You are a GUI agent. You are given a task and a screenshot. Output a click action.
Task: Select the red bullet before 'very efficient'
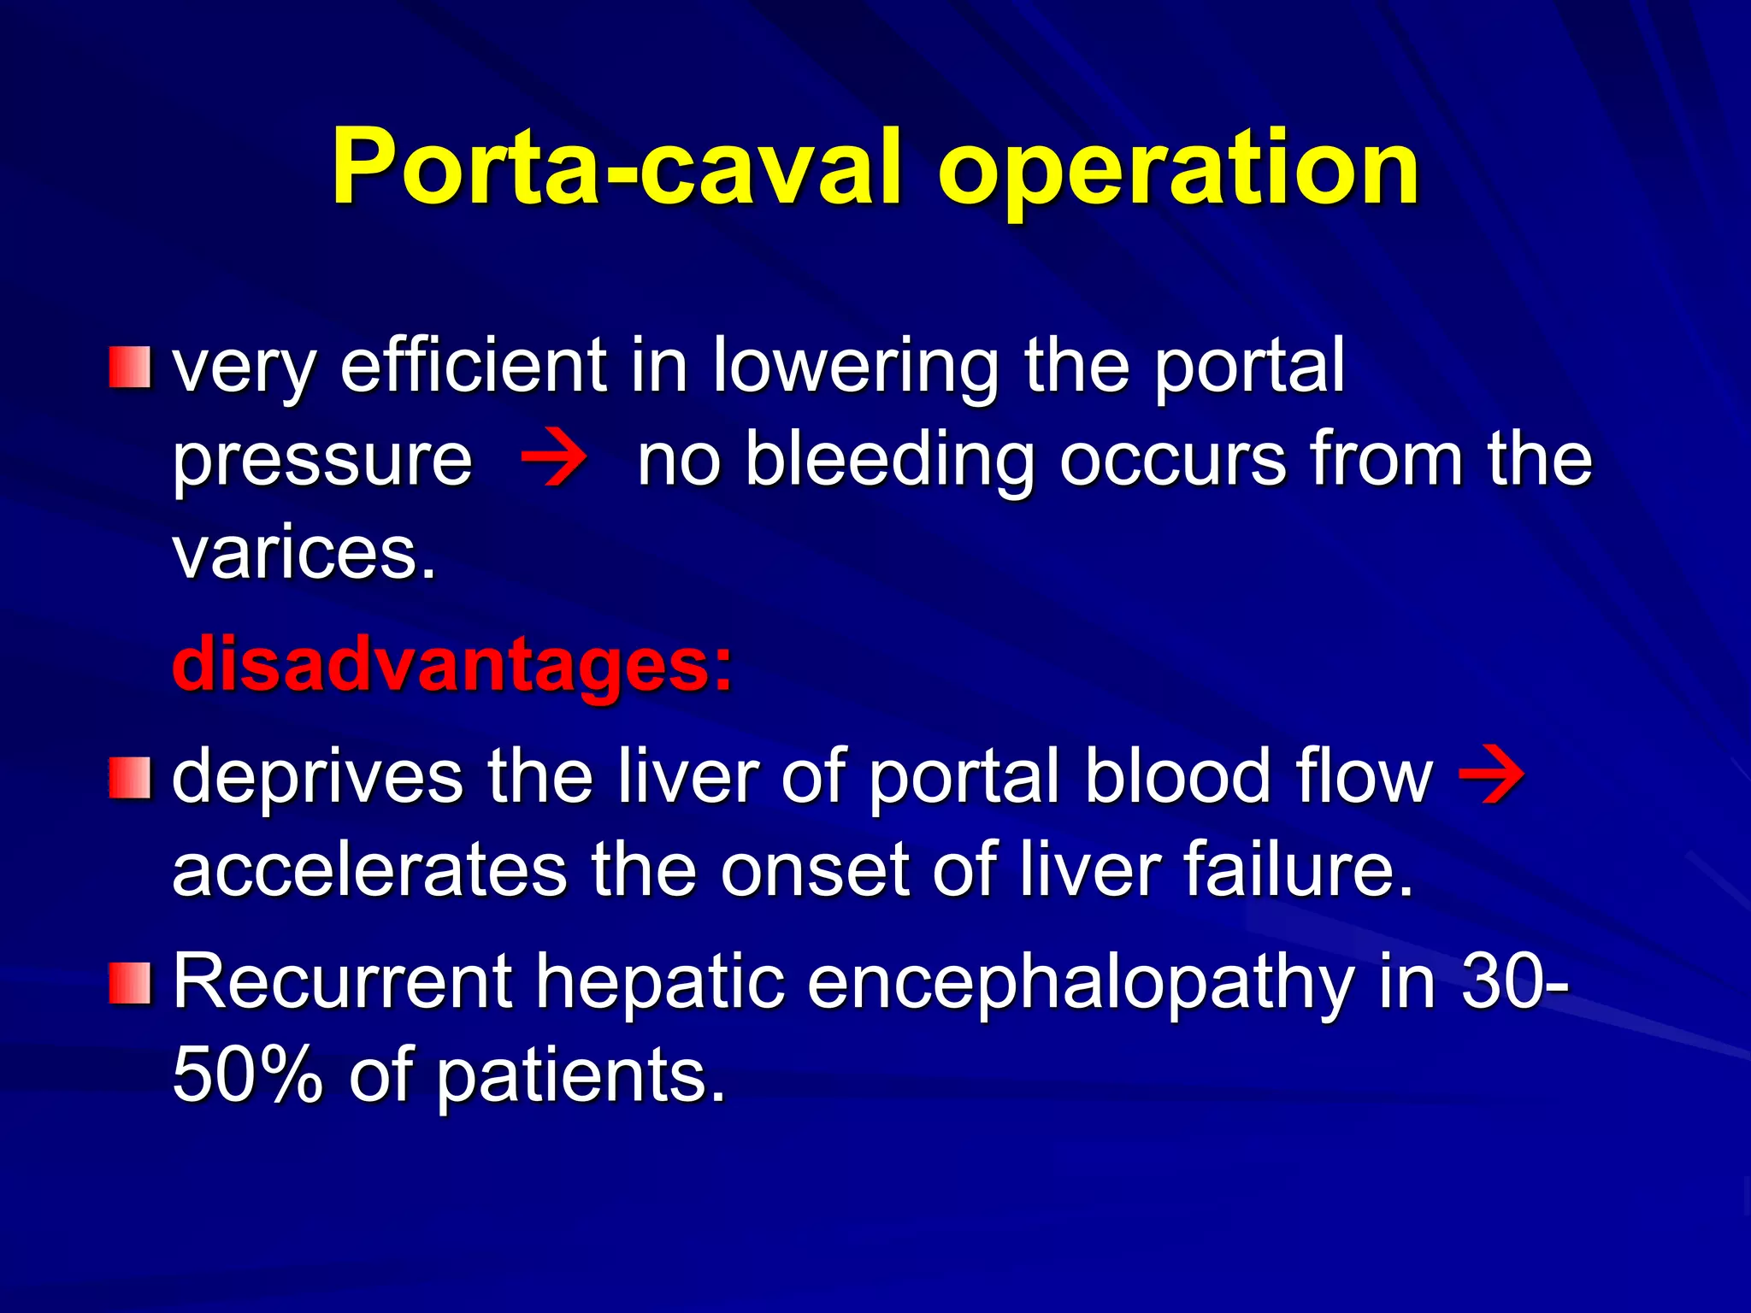click(x=130, y=367)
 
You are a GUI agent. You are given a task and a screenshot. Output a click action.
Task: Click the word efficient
click(x=474, y=366)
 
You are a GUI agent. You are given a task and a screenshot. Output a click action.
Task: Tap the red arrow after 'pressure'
click(x=554, y=459)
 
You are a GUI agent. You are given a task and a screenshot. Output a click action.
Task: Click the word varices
click(x=304, y=554)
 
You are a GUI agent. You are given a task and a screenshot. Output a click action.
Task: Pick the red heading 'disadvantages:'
click(x=452, y=665)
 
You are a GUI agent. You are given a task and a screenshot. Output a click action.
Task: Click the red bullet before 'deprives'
click(x=130, y=777)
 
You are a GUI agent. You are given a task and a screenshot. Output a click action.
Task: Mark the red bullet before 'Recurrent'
click(x=130, y=982)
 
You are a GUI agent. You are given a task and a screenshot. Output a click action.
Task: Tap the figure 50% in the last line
click(x=248, y=1075)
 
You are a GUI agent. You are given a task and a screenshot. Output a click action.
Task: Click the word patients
click(x=581, y=1076)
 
